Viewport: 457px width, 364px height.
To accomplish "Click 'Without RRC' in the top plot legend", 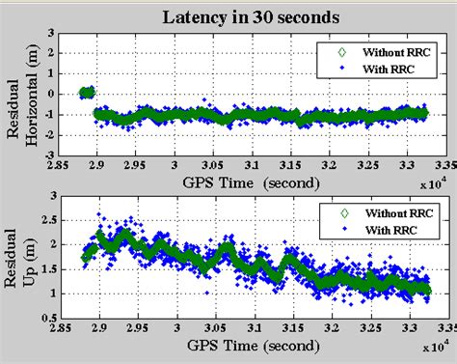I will (x=390, y=50).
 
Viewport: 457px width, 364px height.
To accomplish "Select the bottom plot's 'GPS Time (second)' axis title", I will (x=249, y=344).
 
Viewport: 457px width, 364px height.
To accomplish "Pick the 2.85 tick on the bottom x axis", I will (x=59, y=328).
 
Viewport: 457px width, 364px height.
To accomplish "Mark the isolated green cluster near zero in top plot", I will (x=86, y=93).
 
